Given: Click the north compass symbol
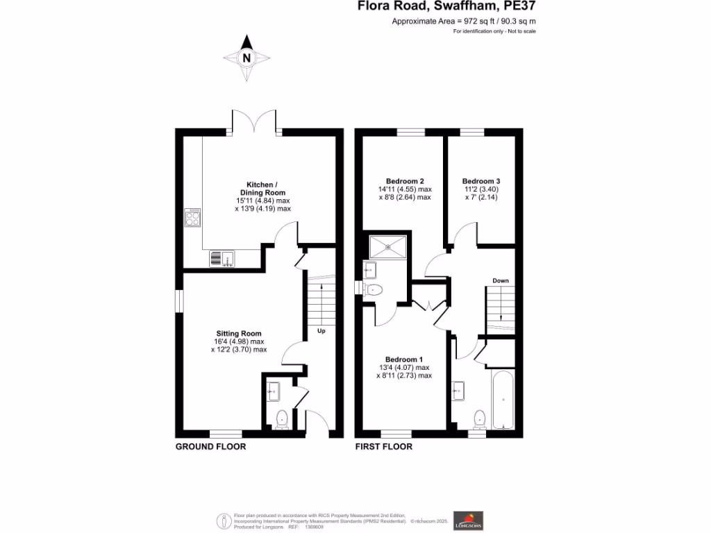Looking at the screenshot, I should tap(246, 58).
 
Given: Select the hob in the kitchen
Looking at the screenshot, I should tap(193, 219).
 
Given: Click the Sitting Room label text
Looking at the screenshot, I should tap(238, 334).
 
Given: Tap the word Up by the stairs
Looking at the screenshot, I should tap(321, 330).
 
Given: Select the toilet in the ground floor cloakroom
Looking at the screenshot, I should tap(282, 419).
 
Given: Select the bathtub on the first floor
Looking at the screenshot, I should tap(503, 400).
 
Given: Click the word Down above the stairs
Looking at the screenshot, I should tap(501, 280).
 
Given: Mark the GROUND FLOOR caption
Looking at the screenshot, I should tap(210, 446).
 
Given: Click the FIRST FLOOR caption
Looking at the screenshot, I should tap(383, 446).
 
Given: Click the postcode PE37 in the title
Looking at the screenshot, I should tap(519, 6).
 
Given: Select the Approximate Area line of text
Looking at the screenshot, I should tap(464, 22).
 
